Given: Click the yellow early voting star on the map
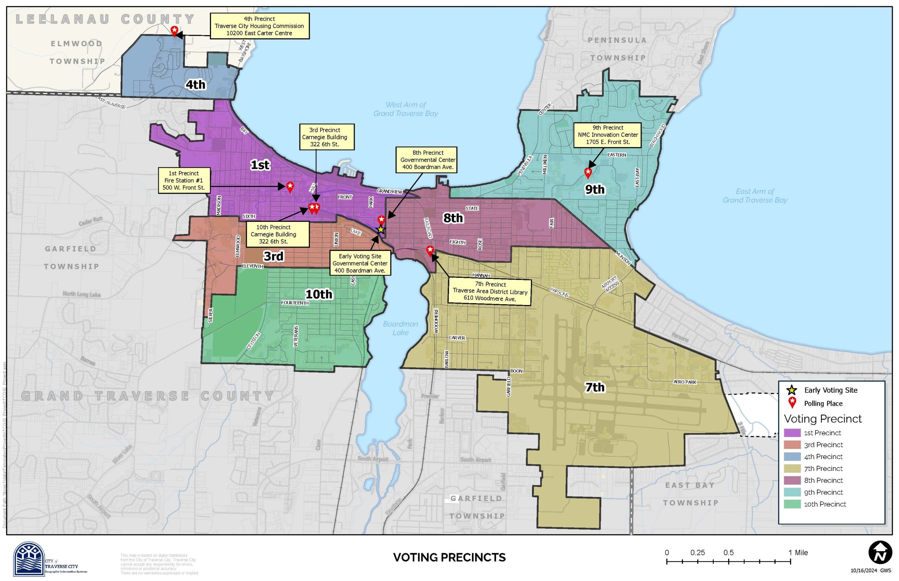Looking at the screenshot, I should click(x=381, y=229).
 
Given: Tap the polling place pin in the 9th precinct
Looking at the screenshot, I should click(x=588, y=173).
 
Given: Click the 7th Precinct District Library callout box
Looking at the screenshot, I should click(x=490, y=291).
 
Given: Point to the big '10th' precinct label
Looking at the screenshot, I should click(x=318, y=294).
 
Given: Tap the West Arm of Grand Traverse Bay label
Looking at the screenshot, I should click(x=406, y=109).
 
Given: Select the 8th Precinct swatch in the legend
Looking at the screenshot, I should click(x=792, y=480).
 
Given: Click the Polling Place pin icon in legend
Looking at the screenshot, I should click(x=792, y=402).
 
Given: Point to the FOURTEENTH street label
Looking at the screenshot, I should click(x=295, y=303).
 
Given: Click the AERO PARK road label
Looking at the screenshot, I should click(x=684, y=382).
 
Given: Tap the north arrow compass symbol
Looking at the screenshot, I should click(x=880, y=553).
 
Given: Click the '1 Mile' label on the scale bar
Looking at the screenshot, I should click(x=798, y=553).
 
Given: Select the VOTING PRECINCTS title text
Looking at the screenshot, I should click(x=449, y=557).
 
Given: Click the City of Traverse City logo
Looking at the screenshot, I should click(x=29, y=559).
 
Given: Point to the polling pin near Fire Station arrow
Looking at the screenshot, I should click(x=290, y=186).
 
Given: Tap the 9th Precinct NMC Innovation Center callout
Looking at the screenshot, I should click(x=608, y=135).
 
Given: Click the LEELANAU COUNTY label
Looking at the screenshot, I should click(x=105, y=19).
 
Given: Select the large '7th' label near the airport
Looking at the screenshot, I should click(x=594, y=387).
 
